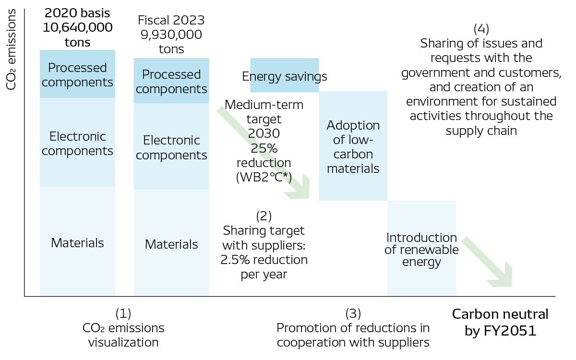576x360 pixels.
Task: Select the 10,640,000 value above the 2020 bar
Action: click(77, 27)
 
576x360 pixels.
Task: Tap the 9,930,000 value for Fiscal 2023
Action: click(171, 35)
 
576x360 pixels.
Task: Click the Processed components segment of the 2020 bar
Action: click(77, 74)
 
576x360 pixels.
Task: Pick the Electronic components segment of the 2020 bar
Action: click(77, 143)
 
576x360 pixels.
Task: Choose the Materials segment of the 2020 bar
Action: click(77, 242)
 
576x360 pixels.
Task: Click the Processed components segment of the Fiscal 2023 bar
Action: click(171, 81)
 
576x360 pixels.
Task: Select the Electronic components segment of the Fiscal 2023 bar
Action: click(171, 147)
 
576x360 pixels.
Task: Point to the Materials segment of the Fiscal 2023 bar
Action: click(171, 244)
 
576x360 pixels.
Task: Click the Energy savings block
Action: click(285, 76)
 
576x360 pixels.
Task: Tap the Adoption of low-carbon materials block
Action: click(353, 146)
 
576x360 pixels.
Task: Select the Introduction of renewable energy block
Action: click(421, 250)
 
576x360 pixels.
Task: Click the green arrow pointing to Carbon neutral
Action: click(488, 262)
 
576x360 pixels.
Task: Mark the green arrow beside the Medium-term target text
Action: click(264, 154)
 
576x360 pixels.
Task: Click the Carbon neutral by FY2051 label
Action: click(500, 322)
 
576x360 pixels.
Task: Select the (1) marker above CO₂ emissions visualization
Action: click(123, 313)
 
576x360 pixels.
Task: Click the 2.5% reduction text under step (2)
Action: click(264, 260)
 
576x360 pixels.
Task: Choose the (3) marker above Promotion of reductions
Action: click(353, 313)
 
